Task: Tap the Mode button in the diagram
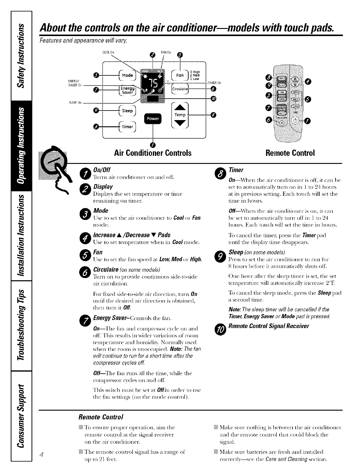(127, 75)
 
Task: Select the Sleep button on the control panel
(127, 111)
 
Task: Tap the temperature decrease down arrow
(180, 123)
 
